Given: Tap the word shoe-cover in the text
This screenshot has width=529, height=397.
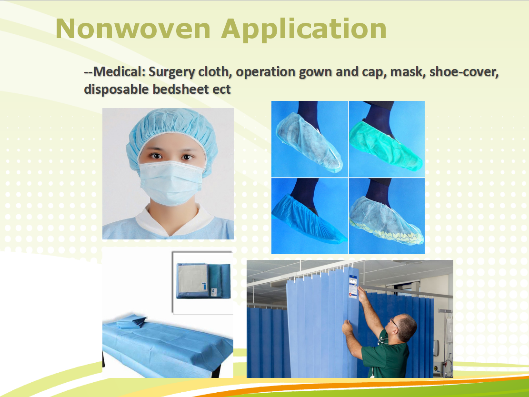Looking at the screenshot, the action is tap(464, 72).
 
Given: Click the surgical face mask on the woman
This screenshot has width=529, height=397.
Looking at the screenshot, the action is tap(171, 182).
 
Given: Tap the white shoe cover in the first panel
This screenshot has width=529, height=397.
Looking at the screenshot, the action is tap(309, 143).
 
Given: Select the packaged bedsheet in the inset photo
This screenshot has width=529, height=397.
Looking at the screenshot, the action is tap(203, 281).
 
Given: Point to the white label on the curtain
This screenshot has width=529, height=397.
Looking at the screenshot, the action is tap(353, 287).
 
